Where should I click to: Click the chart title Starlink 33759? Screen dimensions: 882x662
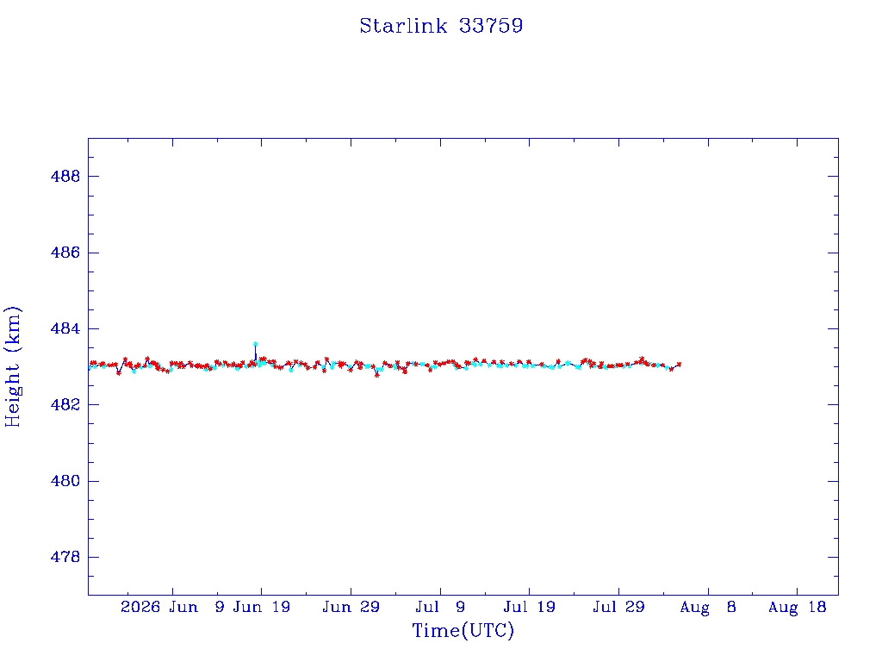click(x=441, y=26)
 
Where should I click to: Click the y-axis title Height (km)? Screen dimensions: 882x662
click(x=12, y=366)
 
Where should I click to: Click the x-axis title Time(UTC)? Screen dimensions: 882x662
click(x=463, y=630)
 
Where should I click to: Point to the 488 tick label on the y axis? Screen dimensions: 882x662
click(x=65, y=176)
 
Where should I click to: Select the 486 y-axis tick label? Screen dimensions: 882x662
click(x=65, y=253)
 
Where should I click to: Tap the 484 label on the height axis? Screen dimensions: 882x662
click(x=65, y=328)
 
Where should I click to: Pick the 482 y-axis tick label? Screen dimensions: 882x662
click(x=65, y=405)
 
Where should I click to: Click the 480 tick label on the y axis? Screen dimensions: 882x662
click(x=65, y=481)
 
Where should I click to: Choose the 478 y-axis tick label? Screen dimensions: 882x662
click(x=65, y=557)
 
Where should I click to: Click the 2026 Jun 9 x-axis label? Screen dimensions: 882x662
click(x=172, y=607)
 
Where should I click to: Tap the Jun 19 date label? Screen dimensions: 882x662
click(x=262, y=607)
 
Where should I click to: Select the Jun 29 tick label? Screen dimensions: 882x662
click(x=351, y=607)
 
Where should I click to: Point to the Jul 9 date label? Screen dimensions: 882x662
click(x=440, y=607)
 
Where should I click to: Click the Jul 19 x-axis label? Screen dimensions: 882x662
click(x=530, y=607)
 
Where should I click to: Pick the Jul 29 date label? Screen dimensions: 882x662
click(x=618, y=607)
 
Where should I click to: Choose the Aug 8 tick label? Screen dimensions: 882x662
click(x=708, y=607)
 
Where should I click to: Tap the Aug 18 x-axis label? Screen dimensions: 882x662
click(x=797, y=607)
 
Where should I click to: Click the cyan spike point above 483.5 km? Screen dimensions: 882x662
click(x=255, y=343)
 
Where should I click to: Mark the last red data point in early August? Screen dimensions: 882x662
click(x=679, y=365)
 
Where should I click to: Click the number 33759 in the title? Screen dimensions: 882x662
click(x=491, y=26)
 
